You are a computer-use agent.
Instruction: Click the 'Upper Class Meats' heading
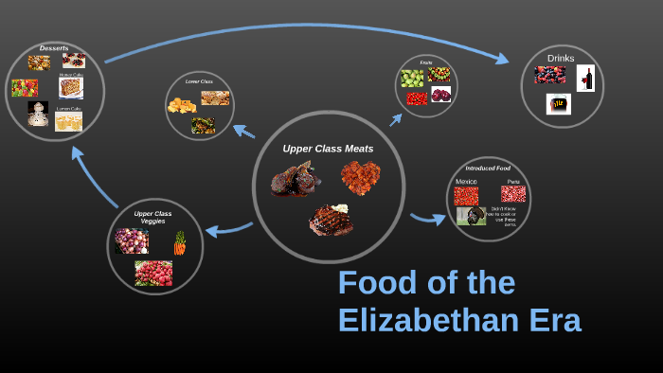[x=328, y=149]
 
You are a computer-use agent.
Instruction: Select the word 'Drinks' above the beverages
[x=561, y=58]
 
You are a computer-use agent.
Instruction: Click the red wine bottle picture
[x=585, y=78]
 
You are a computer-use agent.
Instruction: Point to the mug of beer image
[x=559, y=103]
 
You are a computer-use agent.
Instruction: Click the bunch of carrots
[x=179, y=243]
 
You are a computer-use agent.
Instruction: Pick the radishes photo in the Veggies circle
[x=153, y=273]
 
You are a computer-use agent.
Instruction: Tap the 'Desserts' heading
[x=54, y=48]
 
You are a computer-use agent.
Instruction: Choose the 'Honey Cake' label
[x=71, y=74]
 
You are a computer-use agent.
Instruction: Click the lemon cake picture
[x=68, y=121]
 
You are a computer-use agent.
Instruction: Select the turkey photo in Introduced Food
[x=471, y=215]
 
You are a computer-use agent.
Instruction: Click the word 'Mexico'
[x=466, y=181]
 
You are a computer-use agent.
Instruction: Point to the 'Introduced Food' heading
[x=488, y=169]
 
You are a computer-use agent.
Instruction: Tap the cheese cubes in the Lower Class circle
[x=181, y=104]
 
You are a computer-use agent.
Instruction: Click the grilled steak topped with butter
[x=331, y=220]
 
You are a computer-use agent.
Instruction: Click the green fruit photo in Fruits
[x=412, y=78]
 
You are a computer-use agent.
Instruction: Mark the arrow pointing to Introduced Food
[x=428, y=219]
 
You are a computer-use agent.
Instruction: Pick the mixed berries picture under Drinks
[x=549, y=74]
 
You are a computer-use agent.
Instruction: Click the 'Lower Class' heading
[x=199, y=81]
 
